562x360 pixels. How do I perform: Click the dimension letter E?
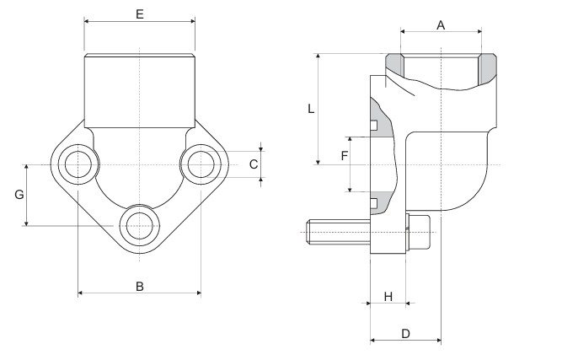point(140,14)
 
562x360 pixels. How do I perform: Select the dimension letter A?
point(440,25)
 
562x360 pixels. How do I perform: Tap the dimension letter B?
point(140,286)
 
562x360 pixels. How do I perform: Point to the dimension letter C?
point(254,164)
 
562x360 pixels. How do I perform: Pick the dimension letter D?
point(405,334)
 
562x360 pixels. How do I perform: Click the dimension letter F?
point(344,156)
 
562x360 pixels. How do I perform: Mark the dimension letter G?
point(19,195)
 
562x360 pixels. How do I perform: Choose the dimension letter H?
point(388,296)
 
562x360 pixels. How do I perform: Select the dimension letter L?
point(310,109)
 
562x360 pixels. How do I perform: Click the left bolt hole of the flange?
point(78,164)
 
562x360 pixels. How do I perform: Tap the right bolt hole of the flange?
point(202,164)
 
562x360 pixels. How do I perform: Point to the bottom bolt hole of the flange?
point(139,226)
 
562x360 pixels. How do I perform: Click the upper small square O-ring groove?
point(372,127)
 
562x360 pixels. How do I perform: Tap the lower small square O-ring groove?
point(372,201)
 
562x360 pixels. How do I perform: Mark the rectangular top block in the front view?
point(140,89)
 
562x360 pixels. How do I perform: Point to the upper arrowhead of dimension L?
point(318,56)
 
